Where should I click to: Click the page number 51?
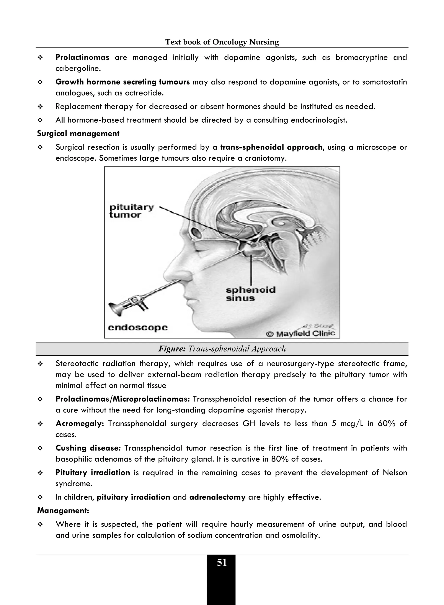click(222, 562)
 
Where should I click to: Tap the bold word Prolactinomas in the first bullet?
click(82, 57)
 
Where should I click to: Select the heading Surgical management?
click(78, 133)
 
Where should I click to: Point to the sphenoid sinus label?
click(250, 294)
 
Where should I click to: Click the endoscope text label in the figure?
click(138, 327)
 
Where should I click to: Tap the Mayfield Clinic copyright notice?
click(300, 334)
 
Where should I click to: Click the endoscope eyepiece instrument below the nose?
click(126, 304)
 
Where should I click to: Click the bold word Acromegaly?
click(80, 423)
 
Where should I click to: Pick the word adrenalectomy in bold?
click(217, 497)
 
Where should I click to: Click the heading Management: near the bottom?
click(63, 510)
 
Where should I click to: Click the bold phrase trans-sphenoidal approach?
click(271, 147)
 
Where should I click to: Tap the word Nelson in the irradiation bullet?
click(395, 472)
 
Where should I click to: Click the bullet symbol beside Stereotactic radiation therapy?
click(40, 364)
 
